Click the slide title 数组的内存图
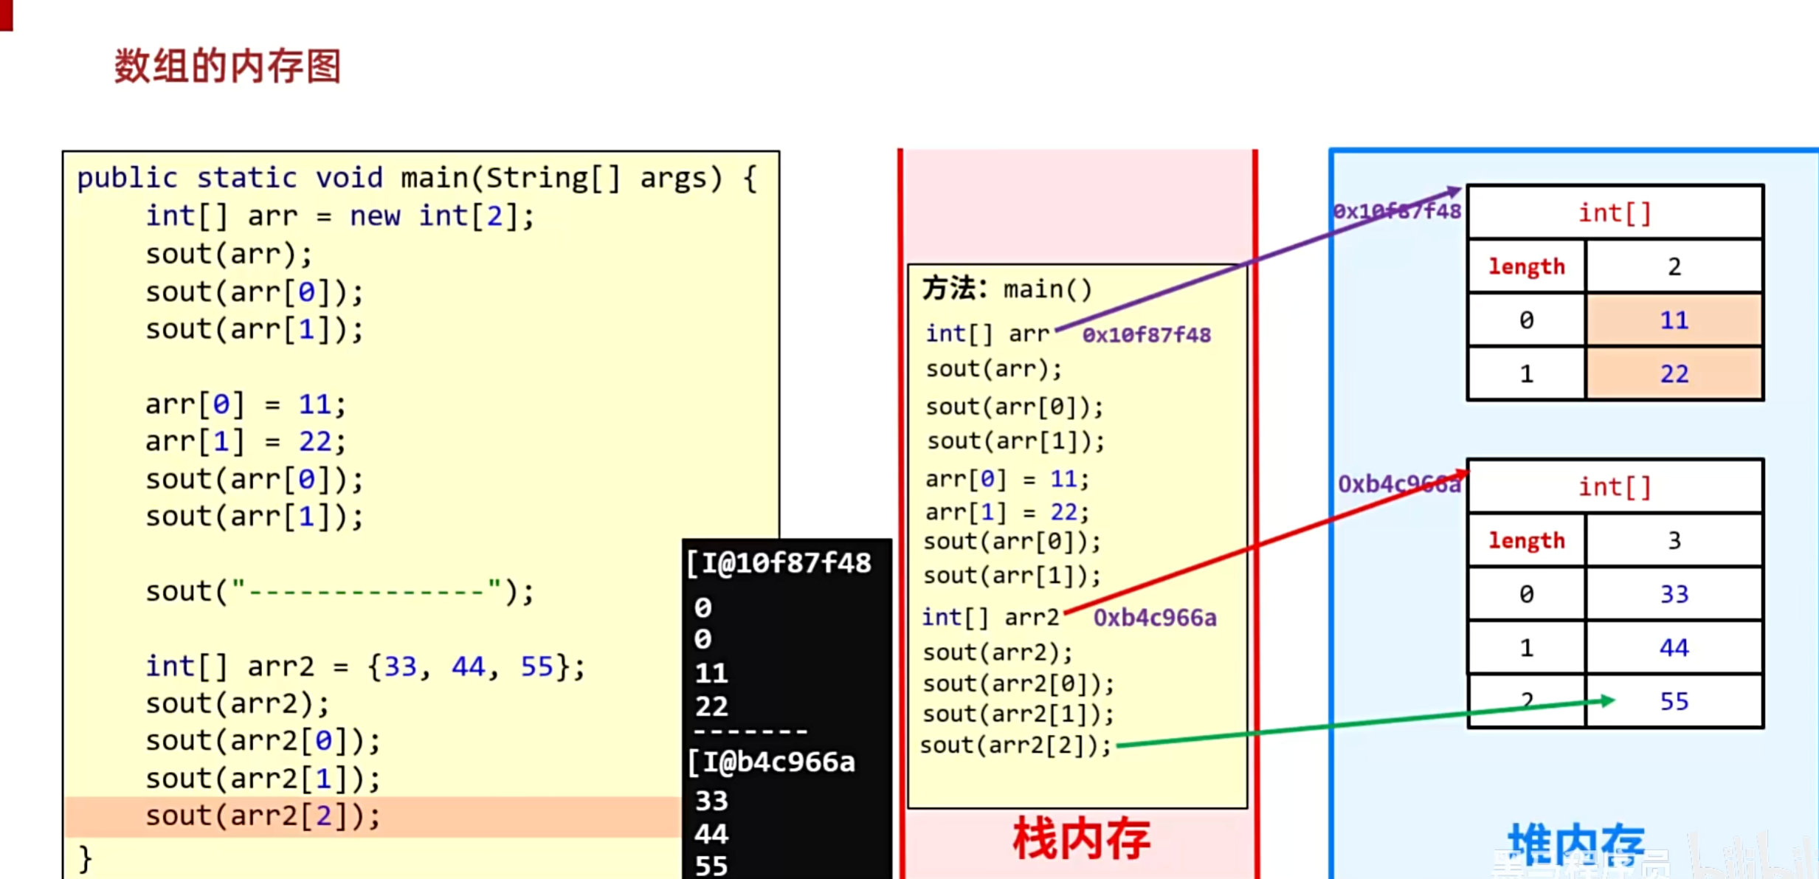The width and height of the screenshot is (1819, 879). click(x=227, y=66)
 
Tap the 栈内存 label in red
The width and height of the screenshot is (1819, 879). click(x=1081, y=839)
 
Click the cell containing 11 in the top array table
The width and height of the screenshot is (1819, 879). click(x=1674, y=320)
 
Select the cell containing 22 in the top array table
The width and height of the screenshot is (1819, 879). click(x=1674, y=374)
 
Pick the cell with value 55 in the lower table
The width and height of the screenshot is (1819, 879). click(x=1674, y=701)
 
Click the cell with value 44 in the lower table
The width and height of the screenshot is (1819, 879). click(x=1674, y=648)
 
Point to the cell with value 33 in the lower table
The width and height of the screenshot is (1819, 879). click(x=1674, y=594)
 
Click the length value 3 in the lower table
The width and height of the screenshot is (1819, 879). click(x=1674, y=541)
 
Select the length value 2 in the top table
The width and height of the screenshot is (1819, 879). click(x=1674, y=266)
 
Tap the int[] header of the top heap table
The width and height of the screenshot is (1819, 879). click(x=1615, y=213)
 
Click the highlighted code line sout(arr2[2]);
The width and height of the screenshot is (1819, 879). click(x=263, y=816)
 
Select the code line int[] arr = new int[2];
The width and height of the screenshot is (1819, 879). click(x=339, y=216)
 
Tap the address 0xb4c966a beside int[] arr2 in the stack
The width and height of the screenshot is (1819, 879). click(x=1154, y=618)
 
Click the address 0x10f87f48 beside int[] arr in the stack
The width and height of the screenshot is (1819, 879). click(x=1146, y=335)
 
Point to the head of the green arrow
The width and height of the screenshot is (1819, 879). click(x=1609, y=700)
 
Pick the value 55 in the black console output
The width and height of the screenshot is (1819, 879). click(x=711, y=865)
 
